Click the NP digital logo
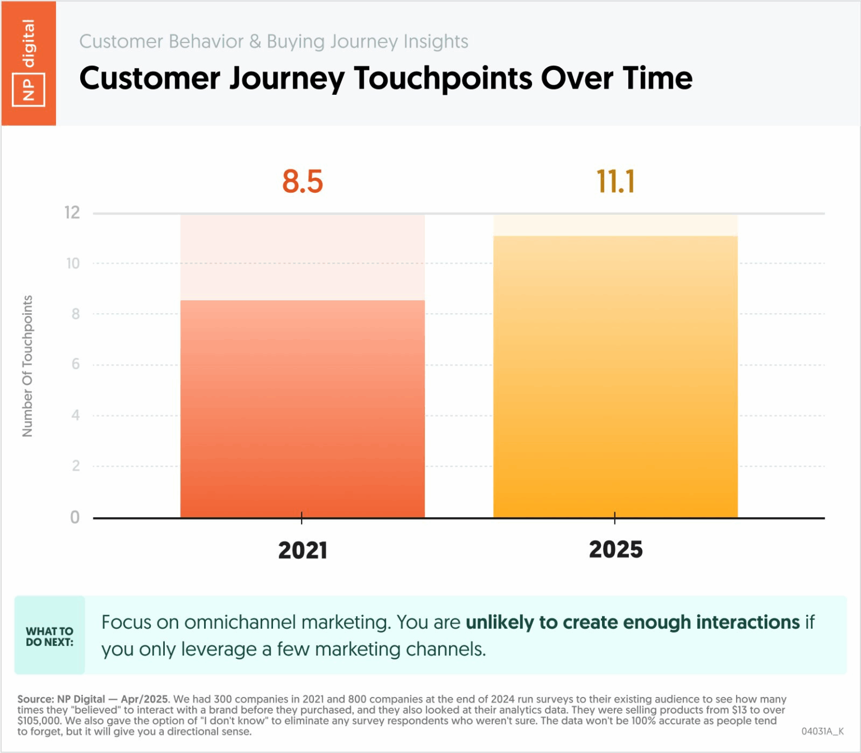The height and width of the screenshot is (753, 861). (x=28, y=63)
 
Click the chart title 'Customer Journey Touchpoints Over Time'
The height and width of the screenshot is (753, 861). (x=386, y=78)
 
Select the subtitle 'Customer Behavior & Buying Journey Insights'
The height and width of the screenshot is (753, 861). (x=274, y=41)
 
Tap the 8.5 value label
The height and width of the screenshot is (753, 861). (x=303, y=182)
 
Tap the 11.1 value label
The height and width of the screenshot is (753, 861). (x=615, y=182)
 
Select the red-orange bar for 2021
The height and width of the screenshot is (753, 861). (x=302, y=409)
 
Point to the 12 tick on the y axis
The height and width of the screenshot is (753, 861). (x=72, y=213)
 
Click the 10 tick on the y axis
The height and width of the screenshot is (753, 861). (x=73, y=263)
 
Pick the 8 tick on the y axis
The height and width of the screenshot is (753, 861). (x=76, y=314)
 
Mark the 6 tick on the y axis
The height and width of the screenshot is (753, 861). (x=76, y=365)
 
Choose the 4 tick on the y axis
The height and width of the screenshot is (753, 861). (x=76, y=415)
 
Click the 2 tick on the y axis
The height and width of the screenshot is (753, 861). (x=76, y=466)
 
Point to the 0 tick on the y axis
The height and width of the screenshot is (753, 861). (x=75, y=517)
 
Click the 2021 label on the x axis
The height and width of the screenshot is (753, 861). (x=303, y=550)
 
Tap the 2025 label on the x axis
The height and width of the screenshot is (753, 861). (x=615, y=550)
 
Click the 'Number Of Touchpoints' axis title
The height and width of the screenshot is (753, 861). (x=27, y=366)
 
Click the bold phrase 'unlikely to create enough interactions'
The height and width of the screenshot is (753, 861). (x=632, y=622)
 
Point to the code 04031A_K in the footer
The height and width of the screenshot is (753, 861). (x=822, y=731)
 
